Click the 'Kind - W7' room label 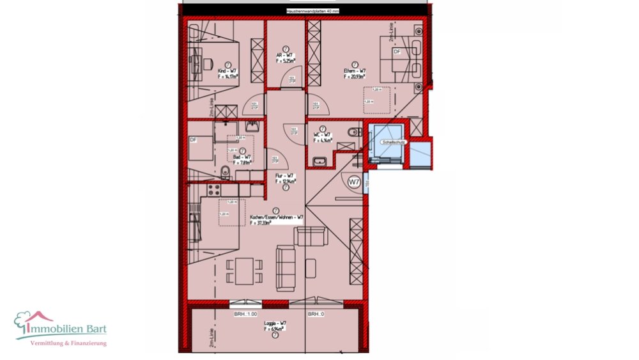[x=227, y=71]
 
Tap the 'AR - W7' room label [x=285, y=56]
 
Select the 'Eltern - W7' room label [x=355, y=71]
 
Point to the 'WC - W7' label [x=323, y=135]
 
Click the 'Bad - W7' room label [x=241, y=157]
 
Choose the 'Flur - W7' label [x=284, y=176]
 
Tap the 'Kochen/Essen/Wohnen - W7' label [x=276, y=217]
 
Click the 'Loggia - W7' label [x=275, y=324]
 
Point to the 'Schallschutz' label [x=390, y=142]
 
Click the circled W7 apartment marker [x=354, y=182]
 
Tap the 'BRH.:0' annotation [x=316, y=315]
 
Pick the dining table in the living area [x=243, y=270]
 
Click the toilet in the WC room [x=351, y=133]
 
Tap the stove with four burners [x=213, y=189]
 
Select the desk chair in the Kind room [x=209, y=62]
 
